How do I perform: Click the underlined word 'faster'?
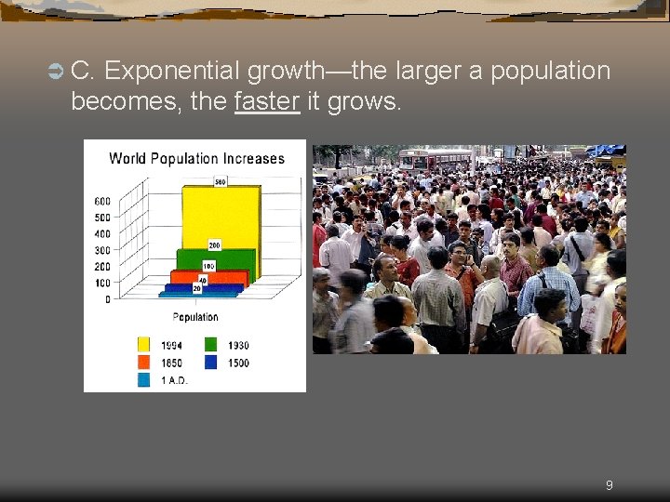267,101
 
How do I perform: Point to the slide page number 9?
609,484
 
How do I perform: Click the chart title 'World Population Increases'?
196,158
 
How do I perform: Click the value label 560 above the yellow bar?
221,182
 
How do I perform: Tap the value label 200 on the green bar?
214,245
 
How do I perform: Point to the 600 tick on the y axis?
101,201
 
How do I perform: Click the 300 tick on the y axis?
101,250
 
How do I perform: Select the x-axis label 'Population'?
195,317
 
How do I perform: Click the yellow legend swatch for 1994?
144,345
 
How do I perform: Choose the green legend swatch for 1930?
211,345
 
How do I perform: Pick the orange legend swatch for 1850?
144,363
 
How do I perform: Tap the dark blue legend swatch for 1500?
211,363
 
